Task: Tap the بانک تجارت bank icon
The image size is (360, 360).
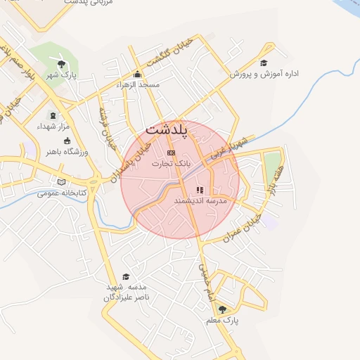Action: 171,153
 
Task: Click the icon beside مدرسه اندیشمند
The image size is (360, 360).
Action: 200,190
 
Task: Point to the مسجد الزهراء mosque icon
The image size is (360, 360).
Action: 137,75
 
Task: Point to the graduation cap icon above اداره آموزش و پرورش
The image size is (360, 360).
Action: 264,63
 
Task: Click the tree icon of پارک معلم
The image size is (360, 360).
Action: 222,309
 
